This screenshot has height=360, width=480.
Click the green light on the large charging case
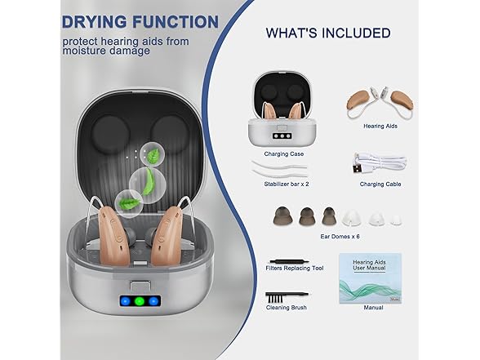[x=140, y=301]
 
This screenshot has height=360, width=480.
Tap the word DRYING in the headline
[x=94, y=22]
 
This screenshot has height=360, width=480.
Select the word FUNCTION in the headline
[x=176, y=22]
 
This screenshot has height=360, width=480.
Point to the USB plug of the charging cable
[x=358, y=169]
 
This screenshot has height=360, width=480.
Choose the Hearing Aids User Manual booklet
[x=370, y=278]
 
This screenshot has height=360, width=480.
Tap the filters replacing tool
[x=288, y=262]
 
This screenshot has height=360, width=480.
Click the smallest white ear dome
[x=396, y=220]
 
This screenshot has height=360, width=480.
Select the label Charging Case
[x=284, y=153]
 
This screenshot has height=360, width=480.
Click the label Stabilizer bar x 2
[x=287, y=184]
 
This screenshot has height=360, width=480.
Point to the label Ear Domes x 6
[x=340, y=237]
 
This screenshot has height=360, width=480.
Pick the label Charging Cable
[x=380, y=184]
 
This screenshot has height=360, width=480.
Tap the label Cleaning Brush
[x=287, y=307]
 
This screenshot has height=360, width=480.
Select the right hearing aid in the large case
[x=166, y=236]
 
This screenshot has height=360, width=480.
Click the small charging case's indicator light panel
[x=282, y=136]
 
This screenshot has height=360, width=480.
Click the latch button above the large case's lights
[x=140, y=286]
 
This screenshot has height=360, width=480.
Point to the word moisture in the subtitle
[x=84, y=51]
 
